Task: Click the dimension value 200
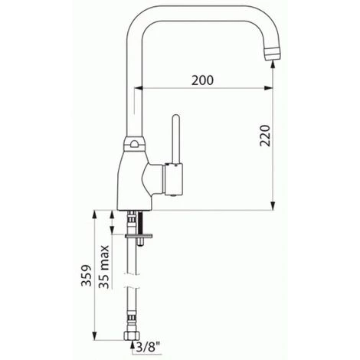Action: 201,79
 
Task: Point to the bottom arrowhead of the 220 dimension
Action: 273,205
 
